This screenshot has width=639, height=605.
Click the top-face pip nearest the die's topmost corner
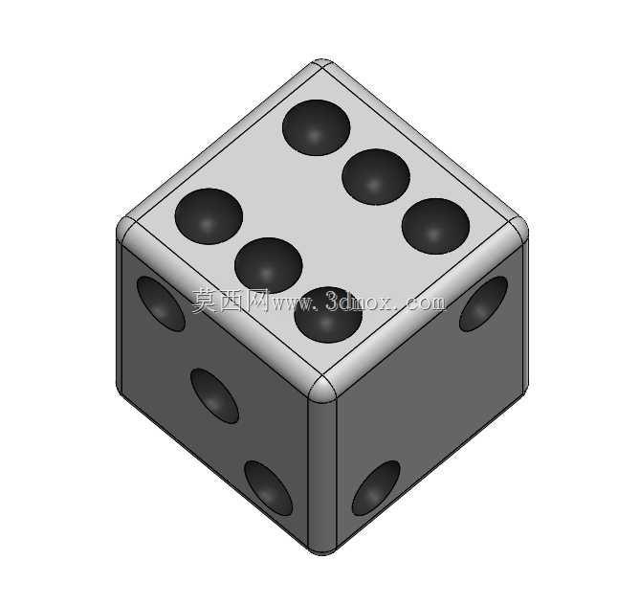[317, 127]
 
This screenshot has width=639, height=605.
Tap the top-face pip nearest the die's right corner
[435, 226]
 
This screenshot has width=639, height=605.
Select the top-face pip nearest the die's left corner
[209, 216]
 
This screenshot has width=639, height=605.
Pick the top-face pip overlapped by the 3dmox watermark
[328, 315]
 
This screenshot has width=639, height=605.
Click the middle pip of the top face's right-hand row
[376, 177]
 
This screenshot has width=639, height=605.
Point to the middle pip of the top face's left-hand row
[269, 265]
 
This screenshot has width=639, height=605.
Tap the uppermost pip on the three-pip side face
[161, 303]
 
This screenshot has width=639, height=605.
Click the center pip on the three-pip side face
[214, 395]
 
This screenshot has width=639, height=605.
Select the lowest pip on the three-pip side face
[269, 488]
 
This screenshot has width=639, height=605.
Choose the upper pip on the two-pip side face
[483, 303]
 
